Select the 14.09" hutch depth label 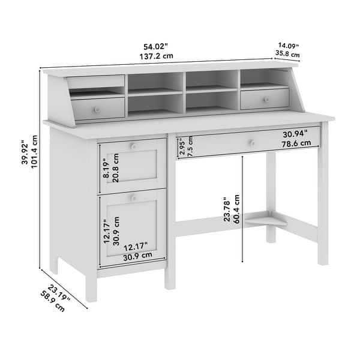288,44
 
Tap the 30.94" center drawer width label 295,133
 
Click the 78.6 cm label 297,143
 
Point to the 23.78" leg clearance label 227,210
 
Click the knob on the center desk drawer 252,142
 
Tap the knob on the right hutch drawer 265,100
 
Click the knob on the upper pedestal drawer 134,146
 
